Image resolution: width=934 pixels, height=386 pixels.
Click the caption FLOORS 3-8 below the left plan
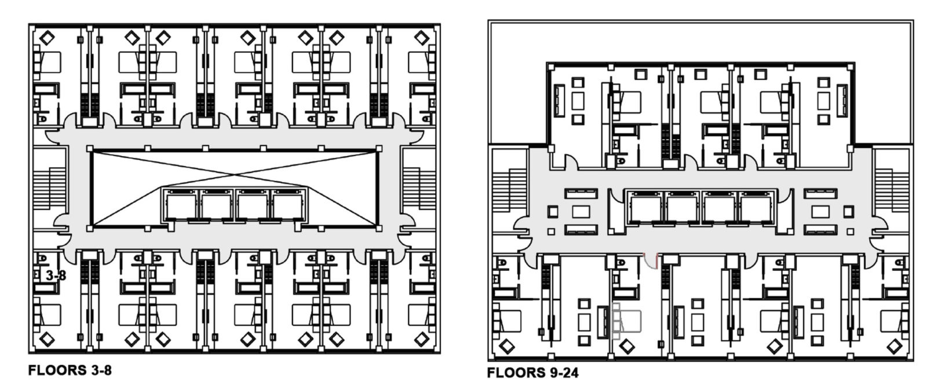coord(70,370)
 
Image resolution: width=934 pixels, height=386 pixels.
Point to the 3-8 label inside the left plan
coord(56,275)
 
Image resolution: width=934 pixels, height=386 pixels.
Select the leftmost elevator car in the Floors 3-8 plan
coord(181,206)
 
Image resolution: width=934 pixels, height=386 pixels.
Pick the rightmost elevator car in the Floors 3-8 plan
coord(287,206)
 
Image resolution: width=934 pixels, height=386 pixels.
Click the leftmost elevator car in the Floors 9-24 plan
coord(645,209)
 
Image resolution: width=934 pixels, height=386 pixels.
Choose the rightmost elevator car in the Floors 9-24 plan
coord(756,209)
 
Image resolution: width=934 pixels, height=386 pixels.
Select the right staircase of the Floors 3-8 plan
coord(419,188)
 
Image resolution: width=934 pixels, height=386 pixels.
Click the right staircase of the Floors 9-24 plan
coord(892,189)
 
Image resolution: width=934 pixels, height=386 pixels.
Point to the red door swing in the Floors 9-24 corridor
coord(651,260)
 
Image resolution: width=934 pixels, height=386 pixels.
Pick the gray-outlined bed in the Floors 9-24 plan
coord(627,321)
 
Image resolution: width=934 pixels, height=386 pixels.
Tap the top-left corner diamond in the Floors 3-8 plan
coord(47,38)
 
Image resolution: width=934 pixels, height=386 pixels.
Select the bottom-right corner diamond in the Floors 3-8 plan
coord(422,339)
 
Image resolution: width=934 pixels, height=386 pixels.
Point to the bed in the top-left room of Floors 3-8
coord(48,63)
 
